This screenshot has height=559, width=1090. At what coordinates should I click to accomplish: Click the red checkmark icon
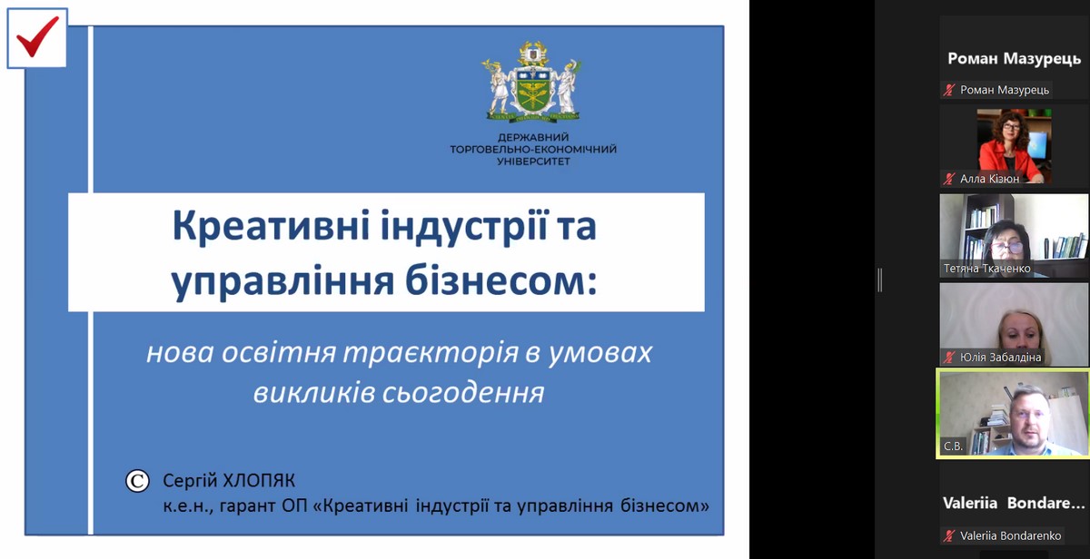click(37, 37)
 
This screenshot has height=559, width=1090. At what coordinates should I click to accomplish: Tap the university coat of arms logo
click(532, 81)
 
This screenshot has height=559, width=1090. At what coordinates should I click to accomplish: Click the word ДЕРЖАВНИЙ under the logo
click(533, 138)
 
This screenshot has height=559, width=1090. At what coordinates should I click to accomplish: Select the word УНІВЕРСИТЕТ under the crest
click(533, 162)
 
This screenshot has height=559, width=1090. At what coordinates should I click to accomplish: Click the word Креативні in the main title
click(271, 226)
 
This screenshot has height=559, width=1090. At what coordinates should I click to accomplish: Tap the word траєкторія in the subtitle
click(431, 352)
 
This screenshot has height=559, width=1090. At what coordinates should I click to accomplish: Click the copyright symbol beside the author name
click(137, 481)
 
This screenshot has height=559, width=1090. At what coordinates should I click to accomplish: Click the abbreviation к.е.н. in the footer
click(188, 506)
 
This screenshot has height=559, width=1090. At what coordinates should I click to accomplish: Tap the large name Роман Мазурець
click(1014, 59)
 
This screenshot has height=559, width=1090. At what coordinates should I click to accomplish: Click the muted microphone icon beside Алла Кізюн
click(949, 179)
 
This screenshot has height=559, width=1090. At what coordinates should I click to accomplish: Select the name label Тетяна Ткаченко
click(986, 269)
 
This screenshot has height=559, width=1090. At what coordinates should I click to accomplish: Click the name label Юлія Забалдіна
click(1000, 358)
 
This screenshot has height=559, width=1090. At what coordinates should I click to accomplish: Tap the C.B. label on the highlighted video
click(953, 446)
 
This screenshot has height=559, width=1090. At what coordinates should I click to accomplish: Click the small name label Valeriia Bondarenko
click(1010, 535)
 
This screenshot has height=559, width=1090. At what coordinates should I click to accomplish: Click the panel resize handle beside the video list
click(880, 279)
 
